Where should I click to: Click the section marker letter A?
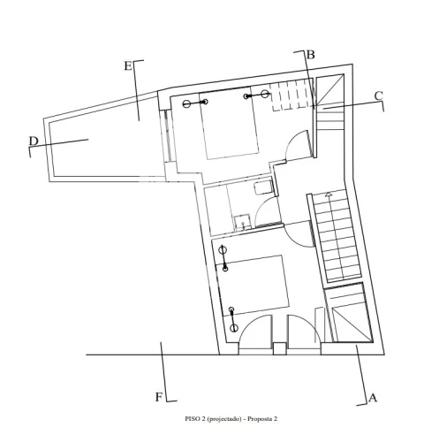point(373,398)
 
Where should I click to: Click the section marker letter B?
point(310,55)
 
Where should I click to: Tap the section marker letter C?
point(378,96)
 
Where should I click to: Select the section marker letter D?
point(34,141)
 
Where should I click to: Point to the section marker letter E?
point(128,65)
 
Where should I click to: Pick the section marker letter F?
point(159,397)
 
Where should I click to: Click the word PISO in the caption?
point(193,419)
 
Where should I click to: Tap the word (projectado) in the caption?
point(224,419)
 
